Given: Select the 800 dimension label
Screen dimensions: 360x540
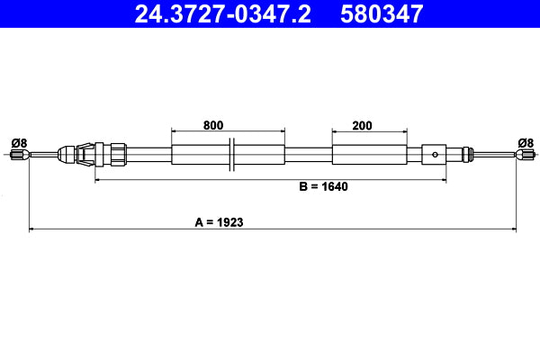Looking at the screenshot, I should (213, 126).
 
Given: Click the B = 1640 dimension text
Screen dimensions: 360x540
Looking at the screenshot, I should (323, 187).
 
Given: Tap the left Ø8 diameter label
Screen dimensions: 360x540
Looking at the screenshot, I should (19, 142).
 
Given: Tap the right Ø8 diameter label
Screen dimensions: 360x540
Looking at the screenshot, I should (526, 142).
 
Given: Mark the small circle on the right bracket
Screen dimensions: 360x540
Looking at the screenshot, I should (435, 154).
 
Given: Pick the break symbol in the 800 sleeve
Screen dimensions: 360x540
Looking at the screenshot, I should (232, 154).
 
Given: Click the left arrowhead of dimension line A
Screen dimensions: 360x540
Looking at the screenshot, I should (33, 229).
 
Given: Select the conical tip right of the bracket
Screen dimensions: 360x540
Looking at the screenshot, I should (465, 154).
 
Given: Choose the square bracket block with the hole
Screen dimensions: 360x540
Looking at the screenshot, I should (435, 154).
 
